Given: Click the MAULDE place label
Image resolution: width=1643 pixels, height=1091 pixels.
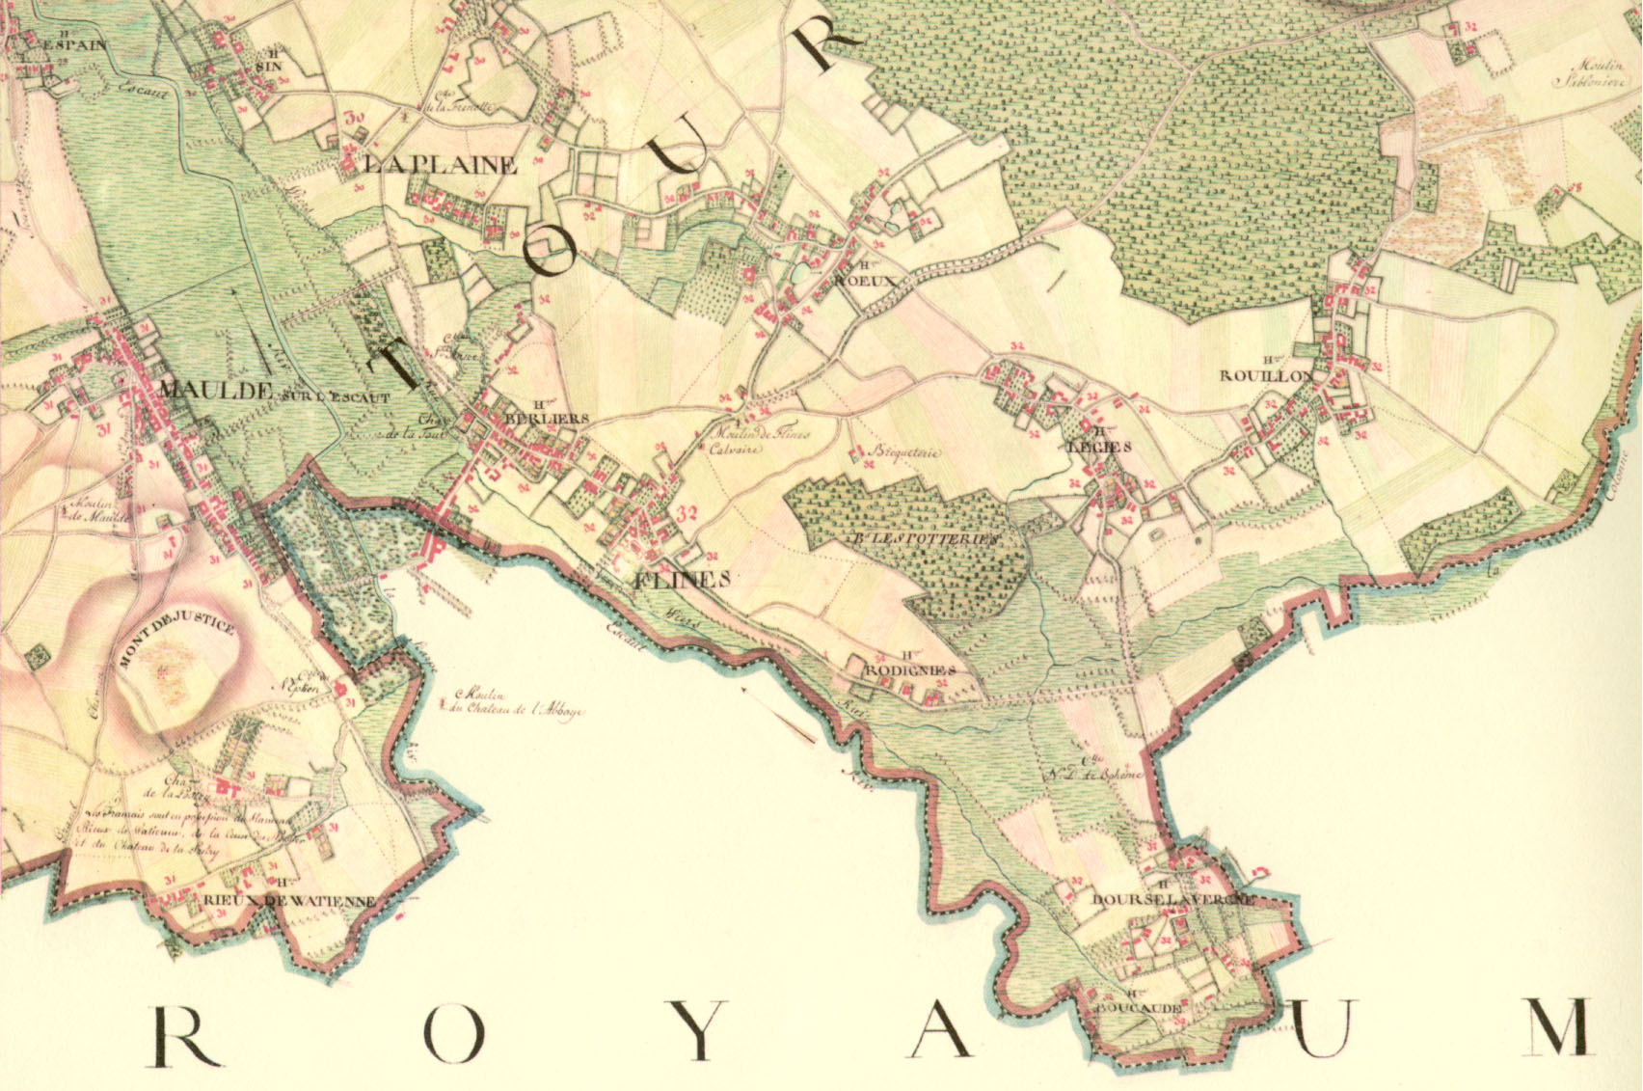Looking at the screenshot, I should click(214, 390).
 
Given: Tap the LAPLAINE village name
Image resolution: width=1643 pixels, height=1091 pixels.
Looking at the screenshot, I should click(440, 165).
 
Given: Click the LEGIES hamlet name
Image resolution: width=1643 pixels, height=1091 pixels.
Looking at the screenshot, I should click(1097, 447).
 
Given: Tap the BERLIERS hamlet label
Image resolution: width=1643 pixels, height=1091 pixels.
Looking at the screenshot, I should click(546, 419).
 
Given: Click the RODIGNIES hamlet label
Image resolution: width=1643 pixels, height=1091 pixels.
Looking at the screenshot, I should click(910, 669).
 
